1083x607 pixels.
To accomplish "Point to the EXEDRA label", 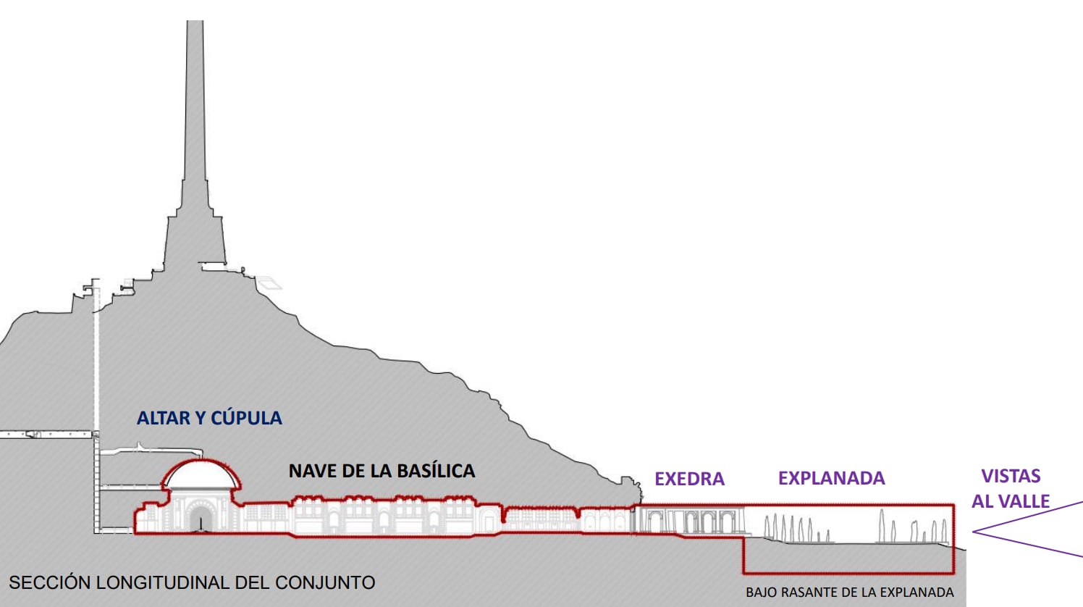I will coord(689,479).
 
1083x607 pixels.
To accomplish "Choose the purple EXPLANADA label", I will coord(831,478).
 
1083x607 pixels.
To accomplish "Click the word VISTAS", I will coord(1011,476).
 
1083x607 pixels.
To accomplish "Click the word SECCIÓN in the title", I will coord(49,582).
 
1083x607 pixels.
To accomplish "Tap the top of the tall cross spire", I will coord(195,23).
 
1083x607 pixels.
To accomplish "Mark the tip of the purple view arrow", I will coord(974,532).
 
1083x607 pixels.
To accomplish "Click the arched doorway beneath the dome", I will coord(199,518).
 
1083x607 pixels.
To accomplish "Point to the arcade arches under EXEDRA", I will coord(691,522).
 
